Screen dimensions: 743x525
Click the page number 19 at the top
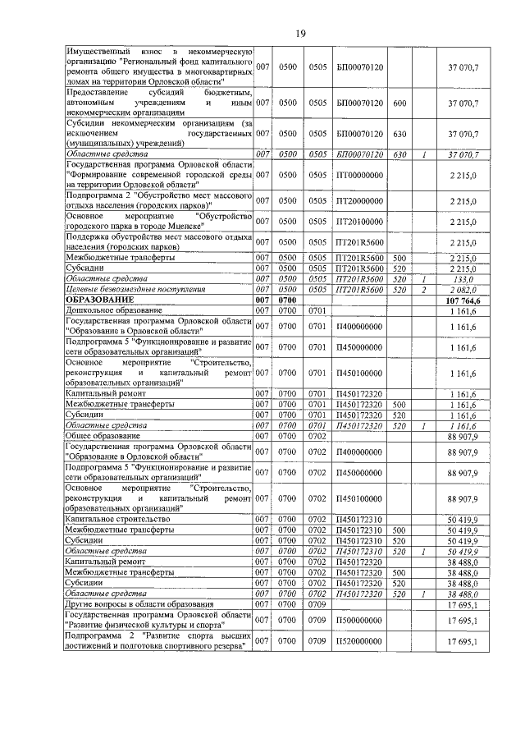pyautogui.click(x=300, y=32)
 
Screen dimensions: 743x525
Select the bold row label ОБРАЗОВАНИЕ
pyautogui.click(x=98, y=301)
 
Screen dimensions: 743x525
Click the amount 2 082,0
pyautogui.click(x=463, y=290)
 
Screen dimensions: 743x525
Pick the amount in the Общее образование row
pyautogui.click(x=463, y=437)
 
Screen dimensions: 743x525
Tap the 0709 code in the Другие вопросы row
pyautogui.click(x=317, y=604)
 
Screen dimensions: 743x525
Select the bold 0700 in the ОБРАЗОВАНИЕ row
pyautogui.click(x=287, y=301)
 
